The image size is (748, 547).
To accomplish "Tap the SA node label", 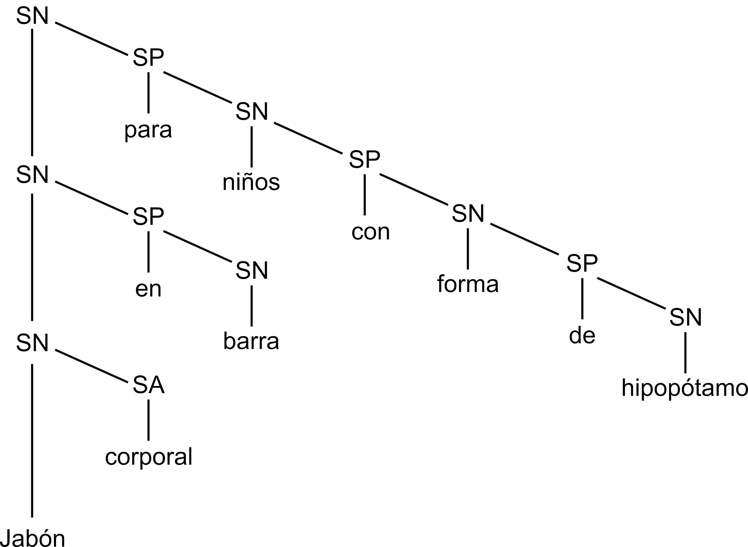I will (149, 385).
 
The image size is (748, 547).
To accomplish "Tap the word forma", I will (468, 284).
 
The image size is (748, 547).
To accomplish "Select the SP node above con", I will (364, 160).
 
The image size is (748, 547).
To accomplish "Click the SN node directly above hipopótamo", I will (686, 317).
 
